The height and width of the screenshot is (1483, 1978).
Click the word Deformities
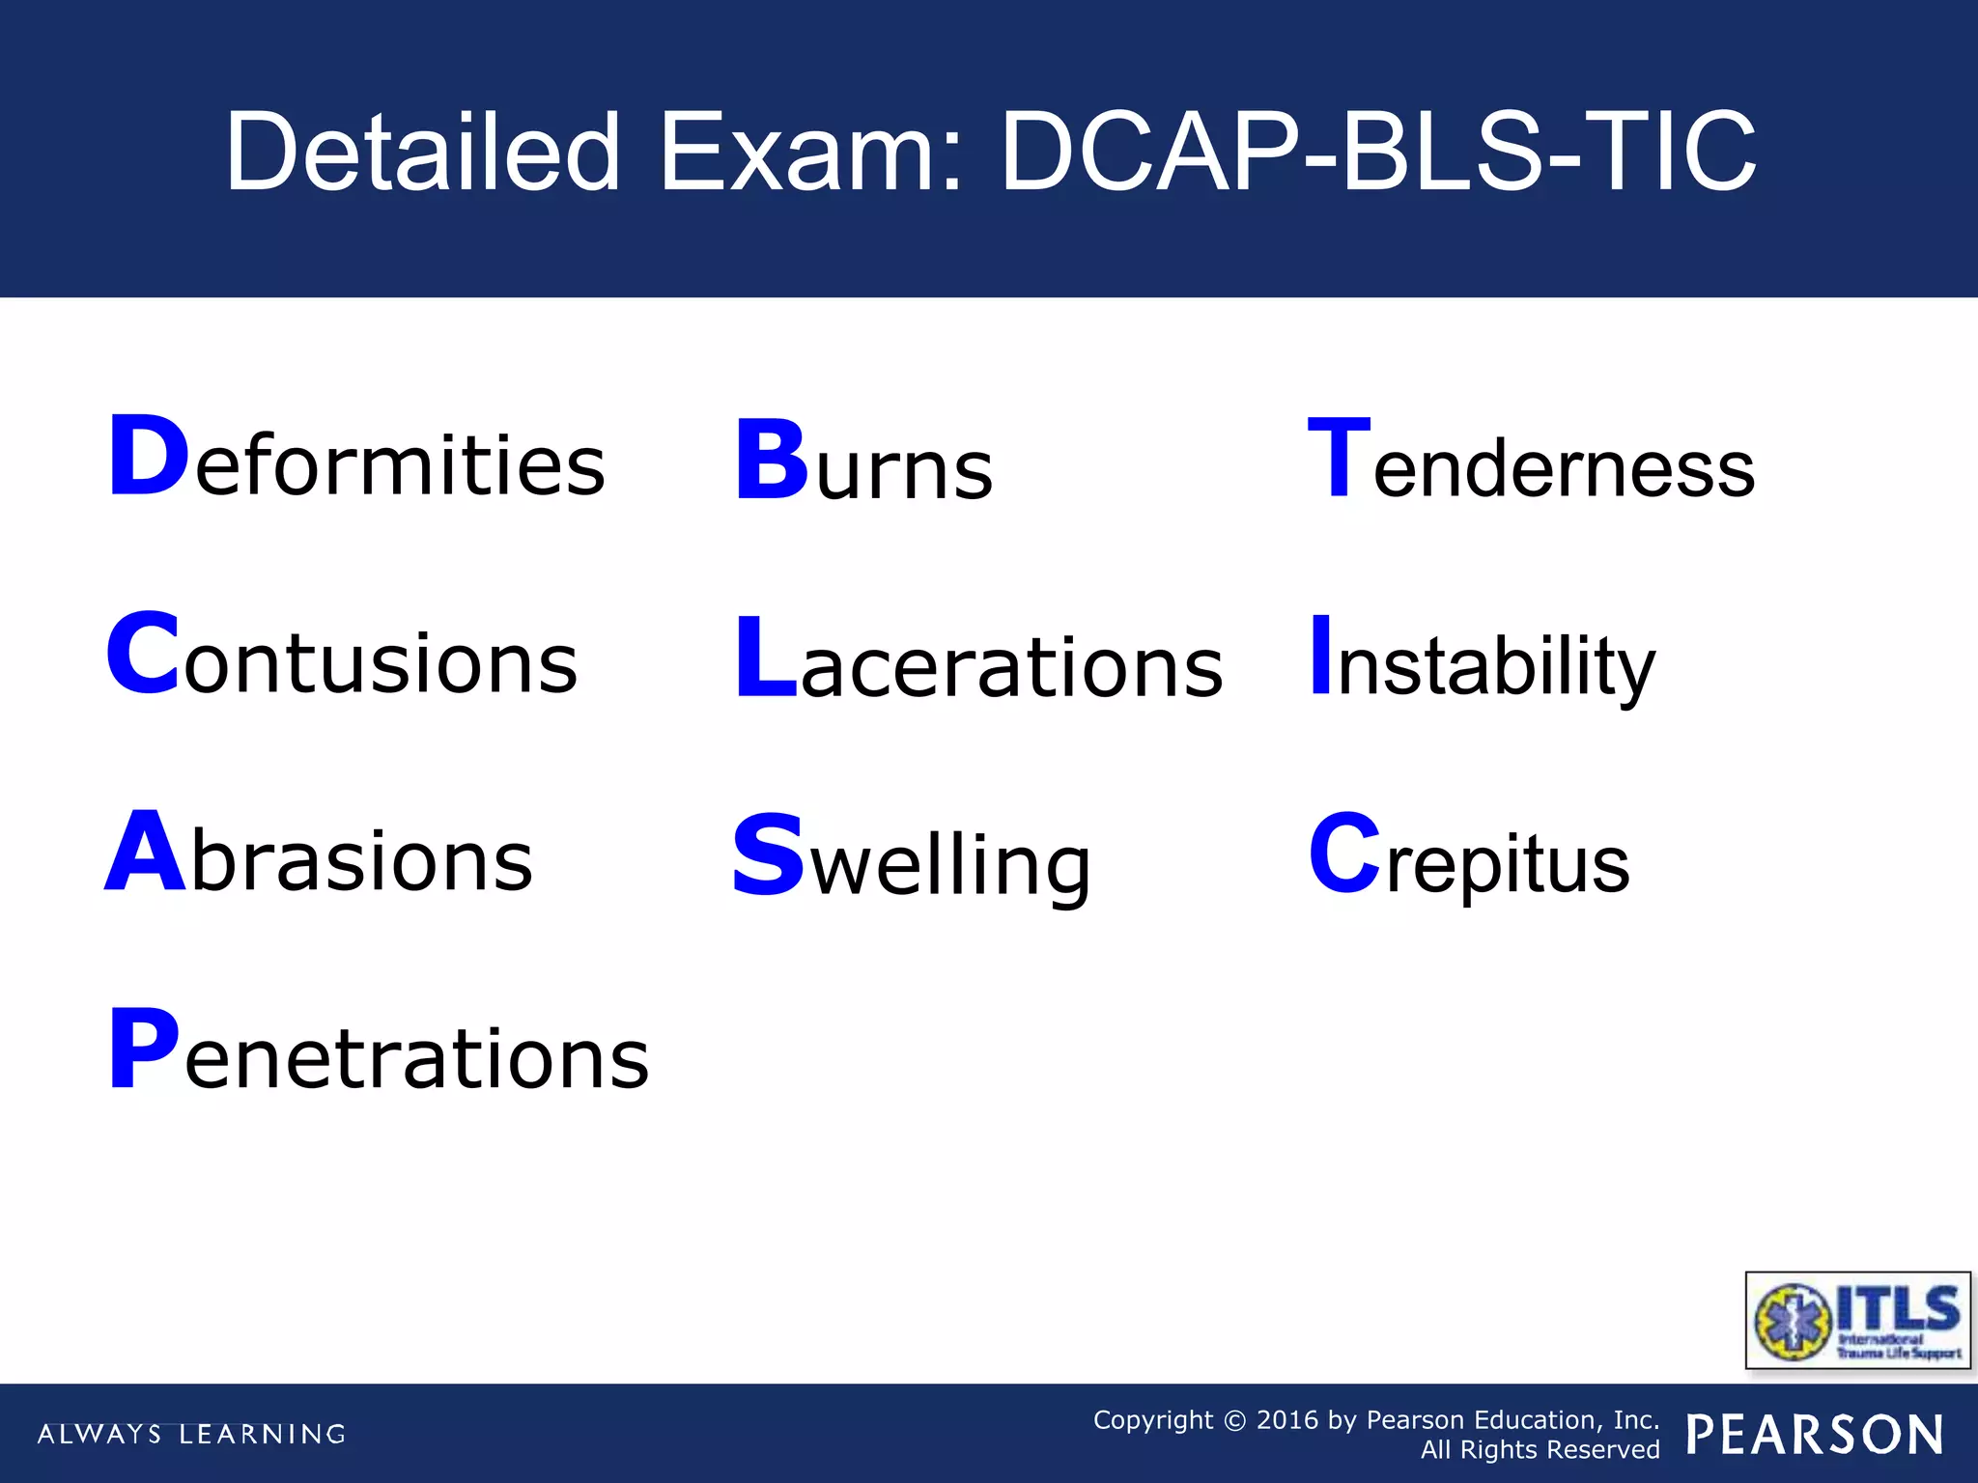coord(357,459)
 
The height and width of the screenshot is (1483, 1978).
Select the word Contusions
coord(343,657)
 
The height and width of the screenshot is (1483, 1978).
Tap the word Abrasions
coord(319,854)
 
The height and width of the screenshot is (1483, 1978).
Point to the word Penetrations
coord(379,1052)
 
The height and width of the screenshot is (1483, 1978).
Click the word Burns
coord(864,463)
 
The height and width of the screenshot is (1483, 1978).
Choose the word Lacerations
coord(978,661)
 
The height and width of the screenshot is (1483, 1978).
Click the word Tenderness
coord(1531,462)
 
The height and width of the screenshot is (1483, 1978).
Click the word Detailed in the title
coord(423,152)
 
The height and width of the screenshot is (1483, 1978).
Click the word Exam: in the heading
coord(811,152)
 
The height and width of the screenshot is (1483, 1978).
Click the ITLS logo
coord(1858,1320)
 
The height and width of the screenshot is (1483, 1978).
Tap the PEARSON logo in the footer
coord(1815,1435)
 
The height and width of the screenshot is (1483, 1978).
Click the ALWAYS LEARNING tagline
coord(191,1434)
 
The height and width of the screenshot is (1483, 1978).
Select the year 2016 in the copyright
coord(1287,1420)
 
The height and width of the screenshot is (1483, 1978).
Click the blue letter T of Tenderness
coord(1339,459)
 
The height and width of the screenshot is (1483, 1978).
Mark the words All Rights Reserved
coord(1540,1450)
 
